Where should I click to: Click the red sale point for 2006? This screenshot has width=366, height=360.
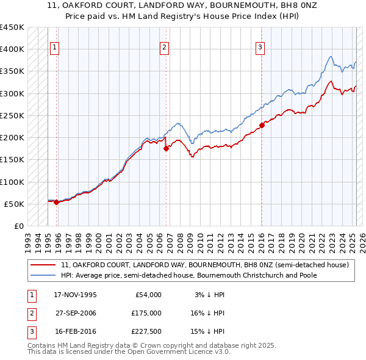pyautogui.click(x=165, y=148)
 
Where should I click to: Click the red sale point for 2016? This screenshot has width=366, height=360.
pyautogui.click(x=261, y=125)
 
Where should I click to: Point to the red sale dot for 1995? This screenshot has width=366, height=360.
pyautogui.click(x=56, y=202)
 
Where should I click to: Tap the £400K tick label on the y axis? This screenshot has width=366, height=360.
pyautogui.click(x=13, y=49)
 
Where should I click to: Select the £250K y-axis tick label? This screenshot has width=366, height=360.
pyautogui.click(x=13, y=115)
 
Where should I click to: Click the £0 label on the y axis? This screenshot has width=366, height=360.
pyautogui.click(x=18, y=226)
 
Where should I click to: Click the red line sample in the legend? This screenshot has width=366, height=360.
pyautogui.click(x=43, y=265)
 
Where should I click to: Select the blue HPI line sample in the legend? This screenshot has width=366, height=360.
pyautogui.click(x=43, y=275)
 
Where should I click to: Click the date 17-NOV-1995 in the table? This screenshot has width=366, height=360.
pyautogui.click(x=75, y=295)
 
